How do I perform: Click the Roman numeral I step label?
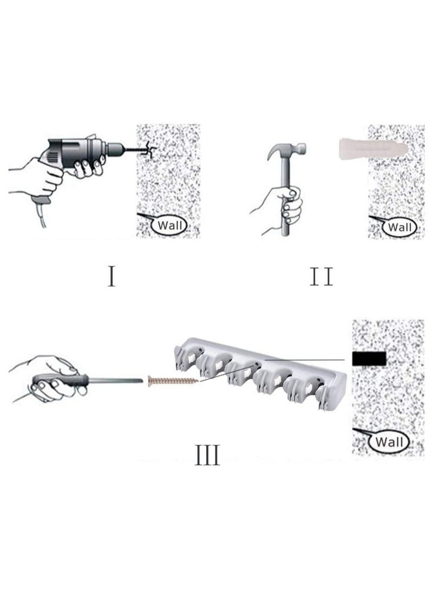click(x=111, y=276)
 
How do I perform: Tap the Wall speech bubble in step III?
click(x=388, y=441)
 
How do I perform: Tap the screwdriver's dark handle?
click(x=51, y=381)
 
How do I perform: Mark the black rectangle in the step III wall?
click(x=369, y=358)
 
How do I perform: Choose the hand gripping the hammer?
click(x=281, y=203)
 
